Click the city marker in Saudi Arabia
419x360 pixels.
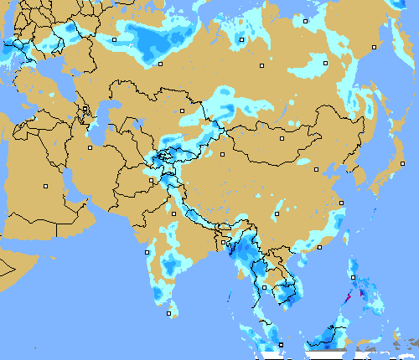46,185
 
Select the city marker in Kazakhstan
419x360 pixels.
182,111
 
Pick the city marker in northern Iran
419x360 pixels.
90,147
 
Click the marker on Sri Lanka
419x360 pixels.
169,314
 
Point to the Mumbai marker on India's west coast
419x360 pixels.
147,252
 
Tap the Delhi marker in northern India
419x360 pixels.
173,213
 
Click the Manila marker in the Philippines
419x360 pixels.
353,277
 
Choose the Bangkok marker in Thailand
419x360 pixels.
265,287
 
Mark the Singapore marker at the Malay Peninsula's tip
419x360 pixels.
282,344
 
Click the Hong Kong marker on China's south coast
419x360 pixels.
319,247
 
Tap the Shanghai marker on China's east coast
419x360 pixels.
341,203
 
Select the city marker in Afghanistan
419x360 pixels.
152,179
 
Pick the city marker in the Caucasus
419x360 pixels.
85,110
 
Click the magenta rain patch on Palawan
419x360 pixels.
349,298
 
